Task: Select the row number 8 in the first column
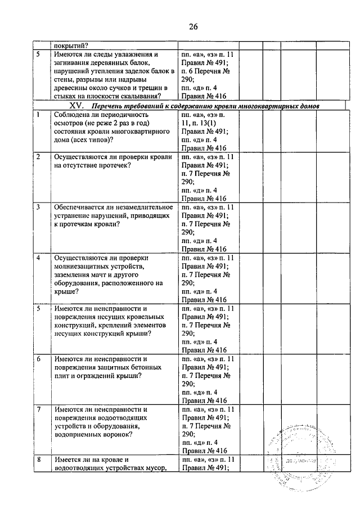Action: pos(38,460)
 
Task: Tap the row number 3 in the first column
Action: pos(38,207)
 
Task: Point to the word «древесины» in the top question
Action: pos(73,88)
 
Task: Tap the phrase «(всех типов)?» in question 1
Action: pos(88,140)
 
